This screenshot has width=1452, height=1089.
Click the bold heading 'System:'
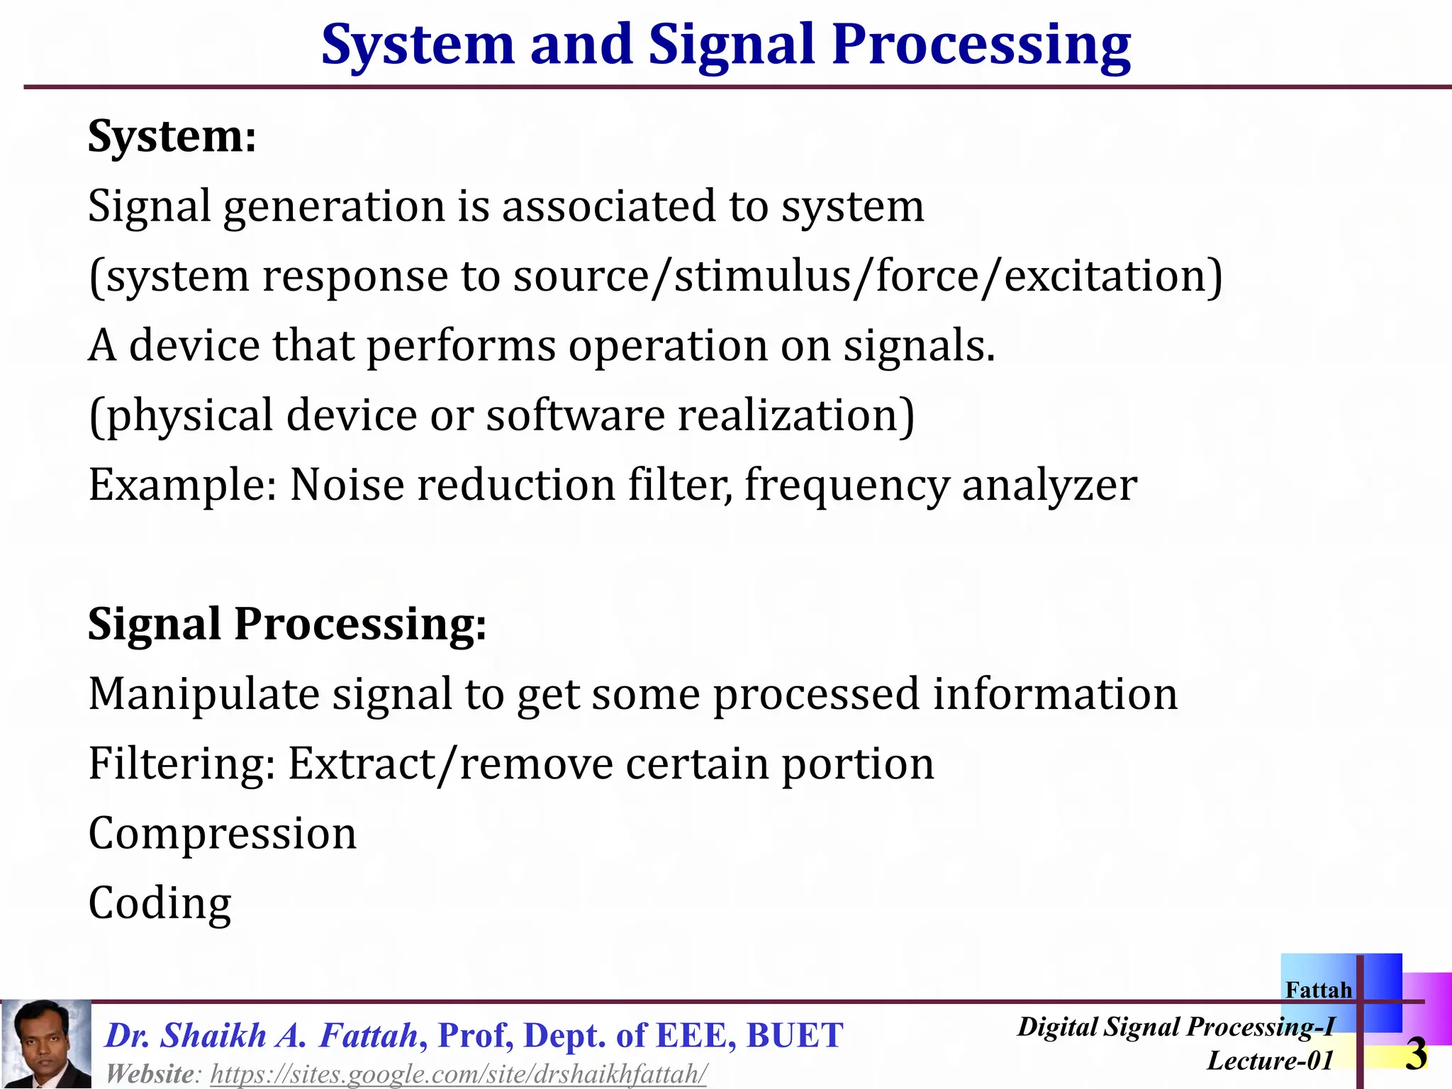point(172,136)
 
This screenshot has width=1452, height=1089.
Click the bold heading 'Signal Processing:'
point(287,624)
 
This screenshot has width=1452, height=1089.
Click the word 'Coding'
point(160,903)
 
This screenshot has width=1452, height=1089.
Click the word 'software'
point(575,415)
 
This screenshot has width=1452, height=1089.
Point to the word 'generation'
point(333,207)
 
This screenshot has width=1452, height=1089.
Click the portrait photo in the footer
point(46,1043)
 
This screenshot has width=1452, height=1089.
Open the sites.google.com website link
point(459,1074)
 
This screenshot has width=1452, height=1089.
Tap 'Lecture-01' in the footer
point(1270,1061)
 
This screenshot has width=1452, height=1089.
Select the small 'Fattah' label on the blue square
point(1318,990)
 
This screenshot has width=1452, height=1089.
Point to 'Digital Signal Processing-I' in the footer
point(1175,1027)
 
